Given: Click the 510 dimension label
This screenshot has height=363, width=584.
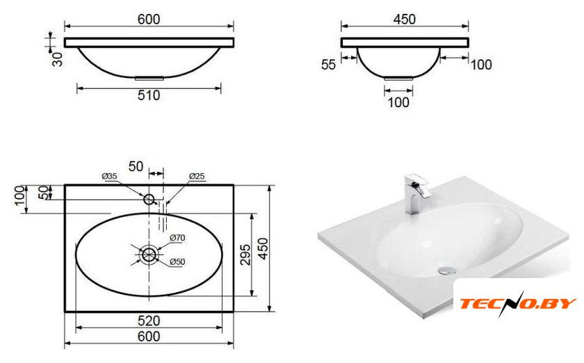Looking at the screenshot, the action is pyautogui.click(x=149, y=95).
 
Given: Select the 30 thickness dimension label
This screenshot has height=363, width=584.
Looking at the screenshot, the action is pyautogui.click(x=57, y=59).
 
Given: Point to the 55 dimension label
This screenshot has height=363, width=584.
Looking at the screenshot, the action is pyautogui.click(x=328, y=65).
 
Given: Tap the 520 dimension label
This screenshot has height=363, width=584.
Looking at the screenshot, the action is pyautogui.click(x=149, y=321).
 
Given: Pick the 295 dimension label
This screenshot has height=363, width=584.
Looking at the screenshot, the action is pyautogui.click(x=245, y=255).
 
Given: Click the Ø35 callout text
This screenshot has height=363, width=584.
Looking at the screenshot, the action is pyautogui.click(x=110, y=176).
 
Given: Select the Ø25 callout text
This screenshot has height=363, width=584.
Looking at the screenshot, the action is pyautogui.click(x=197, y=176).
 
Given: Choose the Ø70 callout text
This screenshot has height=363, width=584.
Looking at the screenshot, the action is pyautogui.click(x=177, y=238).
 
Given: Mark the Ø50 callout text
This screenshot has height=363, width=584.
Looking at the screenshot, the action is pyautogui.click(x=177, y=262).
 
